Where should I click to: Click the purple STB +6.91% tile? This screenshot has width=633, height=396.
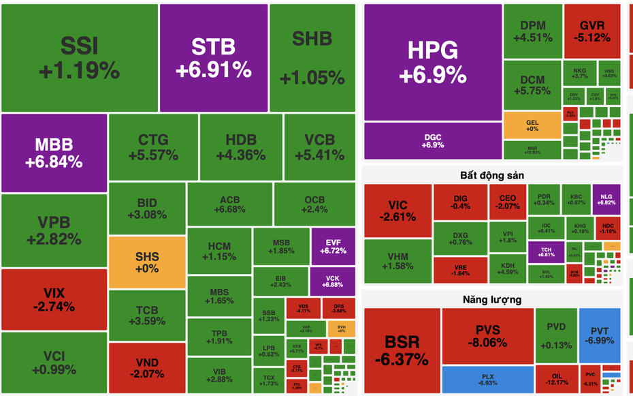click(x=213, y=58)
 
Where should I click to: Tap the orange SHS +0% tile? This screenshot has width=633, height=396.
click(x=147, y=262)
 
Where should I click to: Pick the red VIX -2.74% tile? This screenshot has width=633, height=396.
click(x=54, y=299)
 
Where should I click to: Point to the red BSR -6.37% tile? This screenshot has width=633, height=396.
click(x=402, y=351)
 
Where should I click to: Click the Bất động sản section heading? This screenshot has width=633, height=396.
click(x=492, y=175)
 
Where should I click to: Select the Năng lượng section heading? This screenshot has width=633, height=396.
click(x=492, y=299)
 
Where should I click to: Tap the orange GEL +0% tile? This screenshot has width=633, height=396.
click(x=532, y=125)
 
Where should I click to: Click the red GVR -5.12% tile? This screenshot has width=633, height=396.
click(x=591, y=31)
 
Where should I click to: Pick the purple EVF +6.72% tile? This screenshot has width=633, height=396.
click(x=333, y=246)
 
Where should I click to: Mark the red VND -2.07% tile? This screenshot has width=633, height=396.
click(x=147, y=368)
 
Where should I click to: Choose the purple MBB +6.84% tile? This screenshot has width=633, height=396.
click(x=54, y=153)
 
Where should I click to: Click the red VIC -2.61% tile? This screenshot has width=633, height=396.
click(x=397, y=211)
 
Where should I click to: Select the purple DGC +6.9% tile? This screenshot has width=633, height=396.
click(x=432, y=140)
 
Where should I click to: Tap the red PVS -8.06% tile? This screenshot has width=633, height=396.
click(x=487, y=335)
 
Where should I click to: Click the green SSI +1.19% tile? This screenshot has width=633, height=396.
click(x=80, y=58)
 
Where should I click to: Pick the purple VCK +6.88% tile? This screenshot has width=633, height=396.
click(x=333, y=280)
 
